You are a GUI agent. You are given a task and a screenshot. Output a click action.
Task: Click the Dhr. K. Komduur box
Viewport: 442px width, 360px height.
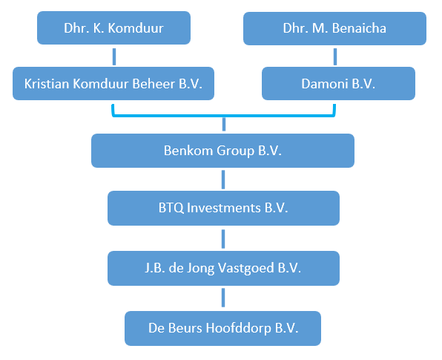[x=113, y=27]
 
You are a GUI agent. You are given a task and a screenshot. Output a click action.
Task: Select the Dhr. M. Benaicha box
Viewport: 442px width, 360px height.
[x=334, y=28]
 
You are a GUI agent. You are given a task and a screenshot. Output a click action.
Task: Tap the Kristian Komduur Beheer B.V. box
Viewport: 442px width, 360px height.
[x=113, y=83]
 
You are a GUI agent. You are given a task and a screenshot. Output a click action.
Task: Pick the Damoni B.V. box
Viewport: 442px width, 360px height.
[x=338, y=83]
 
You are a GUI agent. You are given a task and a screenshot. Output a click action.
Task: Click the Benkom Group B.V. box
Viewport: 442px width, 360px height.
[x=222, y=151]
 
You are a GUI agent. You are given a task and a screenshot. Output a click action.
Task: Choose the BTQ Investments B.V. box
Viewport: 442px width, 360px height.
[x=223, y=208]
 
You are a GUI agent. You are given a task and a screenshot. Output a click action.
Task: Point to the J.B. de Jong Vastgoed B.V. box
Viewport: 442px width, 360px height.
[x=223, y=268]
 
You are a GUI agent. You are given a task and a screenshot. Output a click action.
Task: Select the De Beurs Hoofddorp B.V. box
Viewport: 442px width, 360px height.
[x=222, y=328]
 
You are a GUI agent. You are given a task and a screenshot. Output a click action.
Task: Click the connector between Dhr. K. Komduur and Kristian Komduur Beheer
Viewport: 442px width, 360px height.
[x=114, y=56]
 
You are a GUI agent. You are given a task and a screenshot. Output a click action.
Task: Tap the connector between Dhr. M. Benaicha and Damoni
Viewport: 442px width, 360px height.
[x=335, y=56]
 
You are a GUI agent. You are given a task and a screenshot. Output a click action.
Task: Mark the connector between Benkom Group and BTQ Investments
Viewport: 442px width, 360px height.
[x=223, y=180]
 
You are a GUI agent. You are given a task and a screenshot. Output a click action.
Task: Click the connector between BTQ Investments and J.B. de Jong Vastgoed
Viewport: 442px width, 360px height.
[x=223, y=239]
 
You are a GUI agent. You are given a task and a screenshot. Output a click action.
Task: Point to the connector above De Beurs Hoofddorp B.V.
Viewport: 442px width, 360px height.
[x=223, y=298]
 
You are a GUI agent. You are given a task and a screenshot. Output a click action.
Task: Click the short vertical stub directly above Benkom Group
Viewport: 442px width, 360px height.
[x=224, y=125]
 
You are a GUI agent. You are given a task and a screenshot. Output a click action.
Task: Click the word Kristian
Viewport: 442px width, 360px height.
[x=47, y=84]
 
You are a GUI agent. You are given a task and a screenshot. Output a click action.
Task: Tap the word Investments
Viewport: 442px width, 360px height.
[x=223, y=208]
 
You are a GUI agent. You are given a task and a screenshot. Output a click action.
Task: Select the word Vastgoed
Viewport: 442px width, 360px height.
[x=245, y=268]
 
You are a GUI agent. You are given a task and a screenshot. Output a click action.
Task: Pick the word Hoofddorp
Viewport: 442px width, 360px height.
[x=238, y=328]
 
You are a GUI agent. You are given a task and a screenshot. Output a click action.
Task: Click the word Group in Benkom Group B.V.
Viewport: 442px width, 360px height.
[x=235, y=151]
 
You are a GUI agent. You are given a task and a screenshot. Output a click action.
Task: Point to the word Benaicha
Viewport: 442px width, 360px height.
[x=359, y=28]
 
